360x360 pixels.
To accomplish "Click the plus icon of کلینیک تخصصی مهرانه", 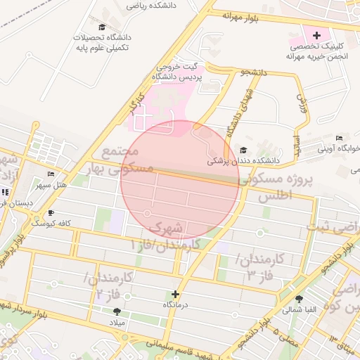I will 316,34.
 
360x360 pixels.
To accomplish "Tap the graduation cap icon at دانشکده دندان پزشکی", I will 243,150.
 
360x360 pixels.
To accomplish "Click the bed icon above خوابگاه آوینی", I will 340,138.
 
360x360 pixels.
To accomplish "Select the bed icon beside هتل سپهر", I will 50,174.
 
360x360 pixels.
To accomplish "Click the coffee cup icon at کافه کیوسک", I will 50,212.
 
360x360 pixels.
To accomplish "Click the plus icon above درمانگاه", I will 175,294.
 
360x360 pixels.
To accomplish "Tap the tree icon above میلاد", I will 117,311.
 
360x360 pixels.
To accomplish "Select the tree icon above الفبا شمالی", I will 299,299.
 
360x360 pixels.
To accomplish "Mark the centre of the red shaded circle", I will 180,179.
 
